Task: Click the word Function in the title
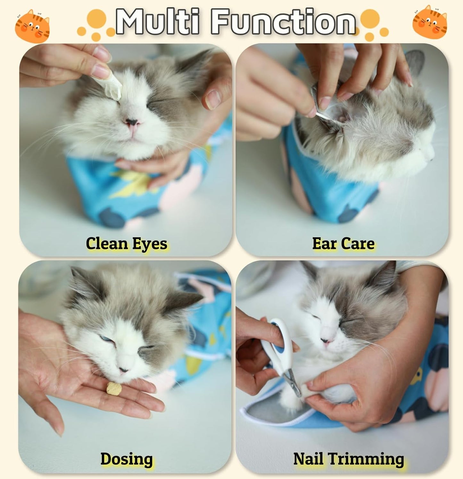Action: click(283, 22)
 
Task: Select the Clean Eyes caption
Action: click(127, 244)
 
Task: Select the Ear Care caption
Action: click(343, 244)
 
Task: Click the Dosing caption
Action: click(127, 459)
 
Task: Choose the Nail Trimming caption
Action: click(349, 459)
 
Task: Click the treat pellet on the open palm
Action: click(114, 389)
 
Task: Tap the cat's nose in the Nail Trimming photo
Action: click(326, 341)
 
